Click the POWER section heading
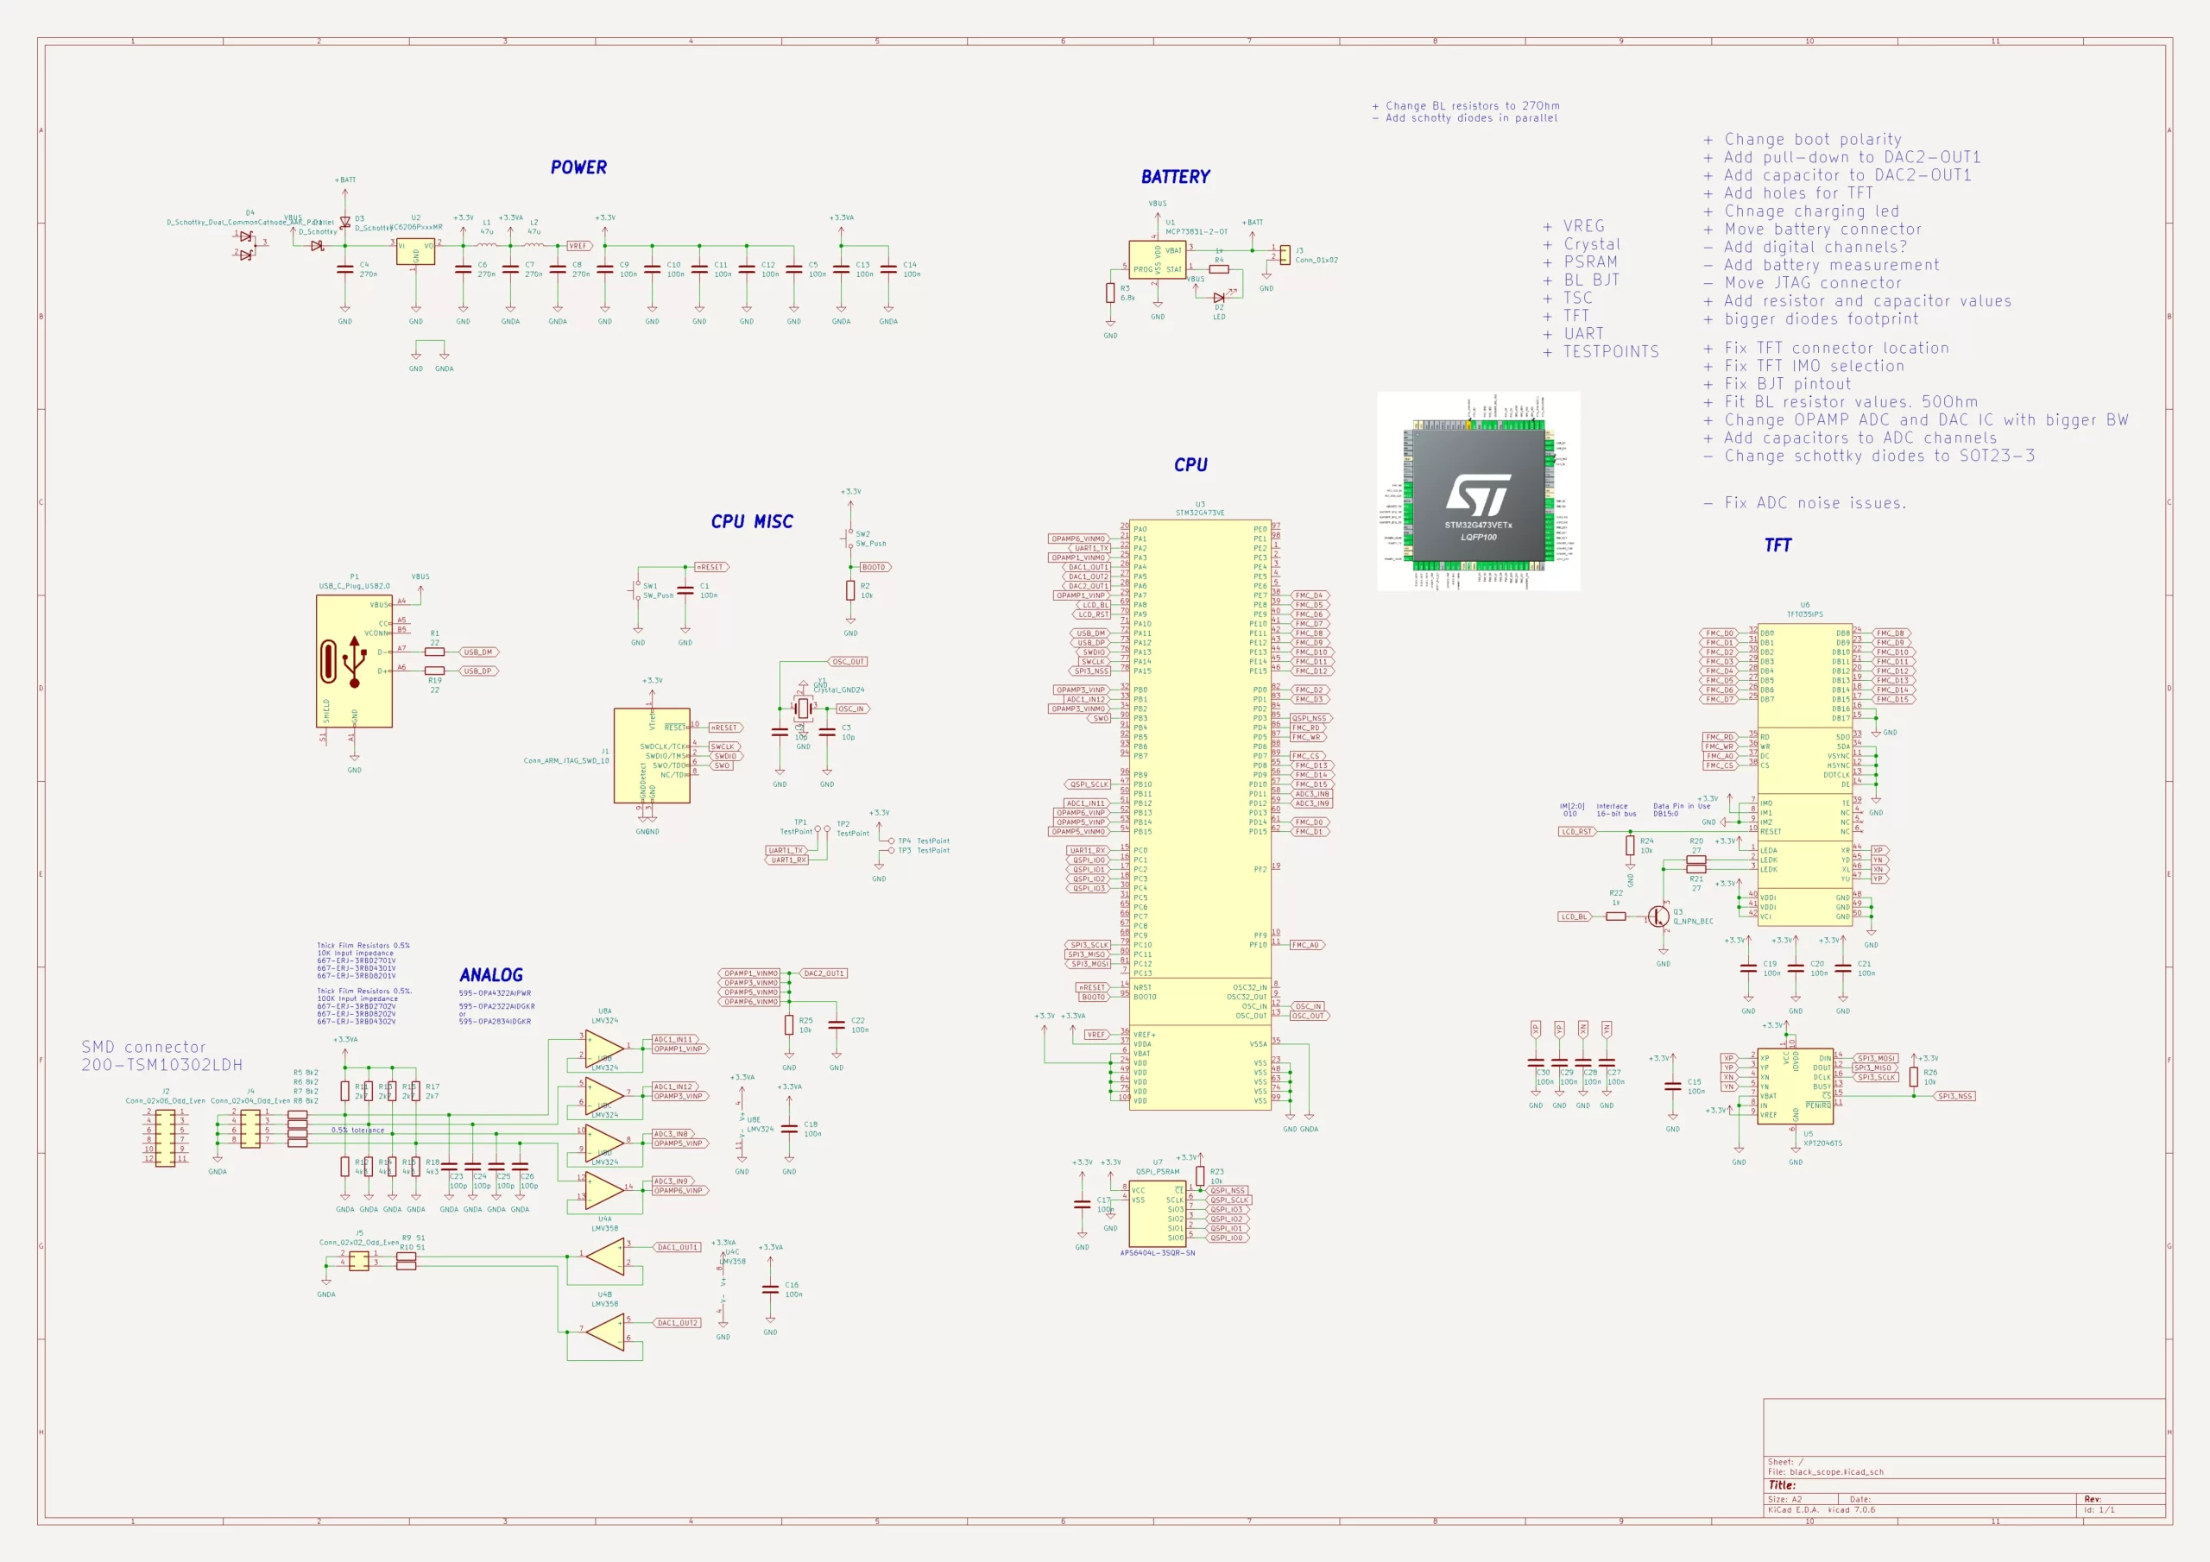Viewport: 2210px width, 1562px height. (x=578, y=167)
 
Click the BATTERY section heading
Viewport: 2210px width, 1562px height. (x=1175, y=177)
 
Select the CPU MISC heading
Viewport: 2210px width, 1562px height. (x=752, y=521)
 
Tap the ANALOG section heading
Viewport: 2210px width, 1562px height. (x=491, y=975)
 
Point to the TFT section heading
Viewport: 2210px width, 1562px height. (x=1777, y=545)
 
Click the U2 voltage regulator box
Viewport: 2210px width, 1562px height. (x=416, y=252)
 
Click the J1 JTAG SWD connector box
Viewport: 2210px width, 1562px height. (x=652, y=755)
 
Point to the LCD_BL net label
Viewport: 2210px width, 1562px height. (x=1574, y=916)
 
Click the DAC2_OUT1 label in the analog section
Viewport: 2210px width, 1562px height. (x=823, y=973)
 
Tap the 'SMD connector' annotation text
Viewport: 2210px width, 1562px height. (x=143, y=1047)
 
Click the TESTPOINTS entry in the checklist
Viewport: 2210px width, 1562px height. (x=1610, y=352)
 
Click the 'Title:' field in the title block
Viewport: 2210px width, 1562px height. (x=1783, y=1485)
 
